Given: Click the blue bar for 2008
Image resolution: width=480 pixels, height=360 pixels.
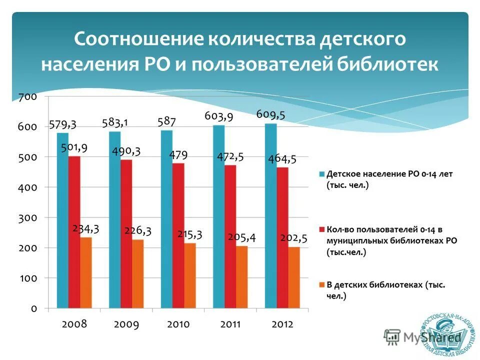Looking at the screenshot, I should coord(62,220).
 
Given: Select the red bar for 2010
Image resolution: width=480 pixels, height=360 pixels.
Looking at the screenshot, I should coord(178,235).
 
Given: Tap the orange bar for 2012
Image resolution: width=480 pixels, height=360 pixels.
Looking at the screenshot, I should coord(294,277).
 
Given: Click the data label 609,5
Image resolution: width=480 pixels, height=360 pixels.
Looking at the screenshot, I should coord(270,114).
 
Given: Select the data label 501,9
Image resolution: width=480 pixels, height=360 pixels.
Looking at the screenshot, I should coord(74,147).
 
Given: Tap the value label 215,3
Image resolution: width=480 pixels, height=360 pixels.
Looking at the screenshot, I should coord(189,234).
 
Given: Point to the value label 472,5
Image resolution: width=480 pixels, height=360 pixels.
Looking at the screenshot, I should coord(230,156).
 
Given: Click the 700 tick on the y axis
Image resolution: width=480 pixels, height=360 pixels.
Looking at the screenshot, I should coord(27,97).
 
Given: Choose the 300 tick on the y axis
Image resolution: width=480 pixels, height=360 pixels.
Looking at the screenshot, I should coord(27,218).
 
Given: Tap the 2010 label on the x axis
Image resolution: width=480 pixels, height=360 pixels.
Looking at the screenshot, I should coord(178,324).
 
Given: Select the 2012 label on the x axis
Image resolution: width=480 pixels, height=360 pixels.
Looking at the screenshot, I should coord(282,324).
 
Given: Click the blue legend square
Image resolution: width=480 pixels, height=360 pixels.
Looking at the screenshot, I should coord(322,174).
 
